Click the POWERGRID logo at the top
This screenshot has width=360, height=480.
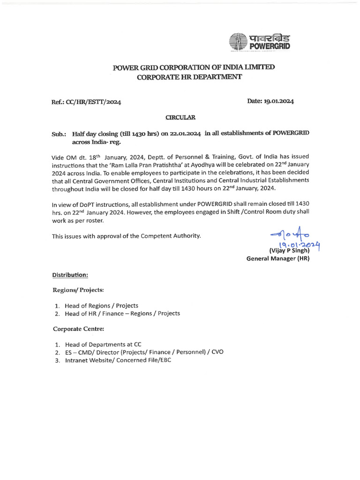[x=259, y=42]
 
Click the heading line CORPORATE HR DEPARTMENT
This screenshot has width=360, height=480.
[x=189, y=77]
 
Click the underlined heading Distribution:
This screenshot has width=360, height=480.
[x=70, y=274]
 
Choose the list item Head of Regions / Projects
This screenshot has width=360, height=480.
[x=101, y=305]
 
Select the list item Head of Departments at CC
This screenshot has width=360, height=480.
[x=103, y=344]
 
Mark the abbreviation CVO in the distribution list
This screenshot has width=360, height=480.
[x=217, y=352]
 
